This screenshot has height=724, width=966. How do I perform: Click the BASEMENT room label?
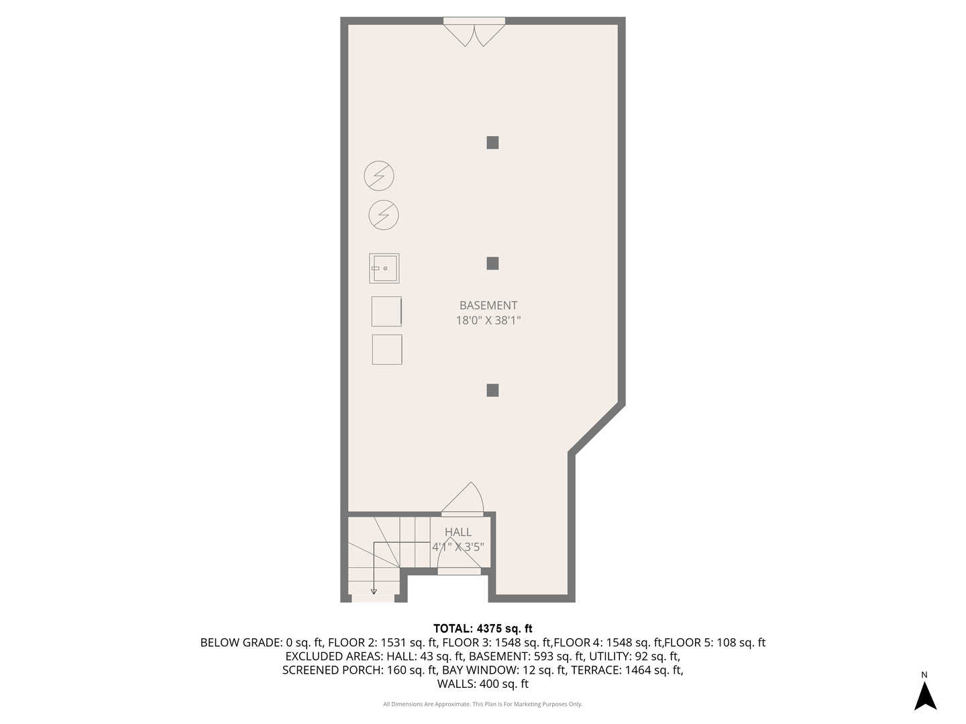[x=488, y=306]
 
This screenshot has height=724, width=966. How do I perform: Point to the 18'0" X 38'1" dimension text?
[x=488, y=320]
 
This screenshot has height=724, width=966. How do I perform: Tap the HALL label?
[x=458, y=532]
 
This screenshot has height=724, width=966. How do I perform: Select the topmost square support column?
[x=492, y=142]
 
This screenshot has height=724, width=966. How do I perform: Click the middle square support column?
[x=492, y=263]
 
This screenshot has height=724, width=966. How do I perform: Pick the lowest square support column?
[x=492, y=390]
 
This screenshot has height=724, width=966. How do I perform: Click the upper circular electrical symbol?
[x=379, y=176]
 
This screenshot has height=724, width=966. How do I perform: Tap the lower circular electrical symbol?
[x=384, y=215]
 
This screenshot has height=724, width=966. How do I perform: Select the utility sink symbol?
[x=384, y=268]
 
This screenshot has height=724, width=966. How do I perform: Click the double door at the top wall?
[x=474, y=31]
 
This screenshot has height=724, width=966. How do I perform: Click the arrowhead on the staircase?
[x=374, y=591]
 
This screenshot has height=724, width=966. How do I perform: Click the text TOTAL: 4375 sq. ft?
[x=482, y=629]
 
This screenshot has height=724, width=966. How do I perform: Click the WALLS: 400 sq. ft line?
[x=482, y=684]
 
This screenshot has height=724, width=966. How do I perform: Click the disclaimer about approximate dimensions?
[x=482, y=704]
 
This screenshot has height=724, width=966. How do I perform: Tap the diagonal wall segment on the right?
[x=597, y=429]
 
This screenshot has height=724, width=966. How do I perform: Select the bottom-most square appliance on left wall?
[x=387, y=349]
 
